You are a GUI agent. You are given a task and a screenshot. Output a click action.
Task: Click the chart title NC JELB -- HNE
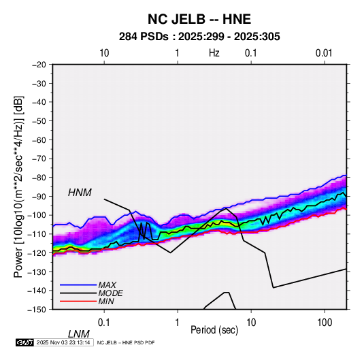coord(199,19)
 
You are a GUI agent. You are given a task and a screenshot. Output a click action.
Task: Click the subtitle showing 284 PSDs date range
coord(199,37)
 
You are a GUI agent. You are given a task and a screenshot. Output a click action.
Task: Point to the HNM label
coord(80,193)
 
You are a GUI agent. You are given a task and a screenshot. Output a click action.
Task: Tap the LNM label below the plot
coord(78,334)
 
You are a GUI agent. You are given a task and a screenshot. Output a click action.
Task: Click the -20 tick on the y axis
coord(39,65)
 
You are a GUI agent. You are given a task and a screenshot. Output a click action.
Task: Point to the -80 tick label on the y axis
coord(39,178)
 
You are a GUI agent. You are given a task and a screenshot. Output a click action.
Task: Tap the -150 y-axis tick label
coord(37,310)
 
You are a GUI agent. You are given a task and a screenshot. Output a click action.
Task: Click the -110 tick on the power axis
coord(37,234)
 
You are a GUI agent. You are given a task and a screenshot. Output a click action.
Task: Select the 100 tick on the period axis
coord(325,323)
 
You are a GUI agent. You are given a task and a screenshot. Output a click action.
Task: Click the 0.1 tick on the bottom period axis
coord(104,323)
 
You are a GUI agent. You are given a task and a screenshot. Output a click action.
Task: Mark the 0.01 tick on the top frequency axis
coord(324,53)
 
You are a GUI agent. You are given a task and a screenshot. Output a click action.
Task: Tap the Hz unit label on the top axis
coord(214,53)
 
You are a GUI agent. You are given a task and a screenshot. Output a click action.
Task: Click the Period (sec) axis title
coord(214,330)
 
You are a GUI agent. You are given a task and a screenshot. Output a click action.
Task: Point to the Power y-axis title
coord(18,187)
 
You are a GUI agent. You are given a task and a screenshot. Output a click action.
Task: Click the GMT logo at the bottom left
coord(25,342)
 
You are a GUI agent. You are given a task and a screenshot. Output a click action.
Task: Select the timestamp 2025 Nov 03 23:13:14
coord(63,342)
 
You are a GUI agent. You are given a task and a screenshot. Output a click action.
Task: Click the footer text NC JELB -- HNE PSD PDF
coord(126,342)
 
